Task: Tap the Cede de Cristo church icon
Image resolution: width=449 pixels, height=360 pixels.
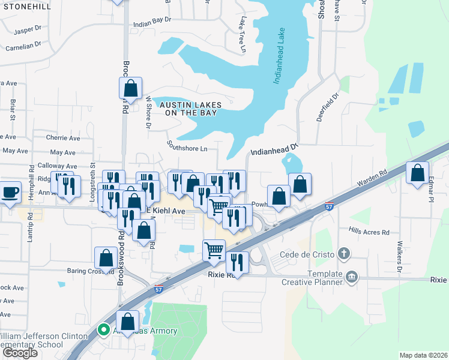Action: click(343, 253)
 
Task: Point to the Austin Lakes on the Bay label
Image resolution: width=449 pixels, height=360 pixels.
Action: click(190, 109)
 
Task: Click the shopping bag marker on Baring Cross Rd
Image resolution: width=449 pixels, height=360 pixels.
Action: click(106, 258)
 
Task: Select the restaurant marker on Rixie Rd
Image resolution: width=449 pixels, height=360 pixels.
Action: click(237, 263)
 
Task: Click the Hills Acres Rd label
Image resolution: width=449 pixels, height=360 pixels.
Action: click(369, 232)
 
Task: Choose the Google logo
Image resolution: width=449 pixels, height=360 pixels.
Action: click(20, 352)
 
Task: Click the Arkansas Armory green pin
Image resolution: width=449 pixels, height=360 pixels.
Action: click(103, 329)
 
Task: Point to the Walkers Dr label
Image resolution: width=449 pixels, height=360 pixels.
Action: click(399, 257)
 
